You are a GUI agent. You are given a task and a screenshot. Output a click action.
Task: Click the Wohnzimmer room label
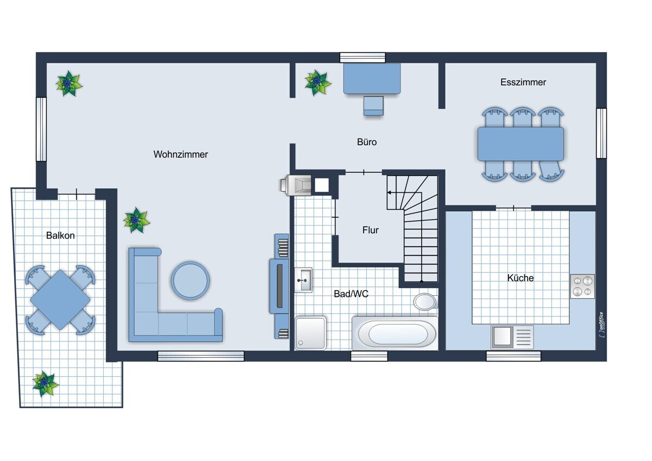point(180,154)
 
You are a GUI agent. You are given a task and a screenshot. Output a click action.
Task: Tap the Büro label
point(367,142)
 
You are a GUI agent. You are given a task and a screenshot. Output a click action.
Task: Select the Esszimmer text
point(523,82)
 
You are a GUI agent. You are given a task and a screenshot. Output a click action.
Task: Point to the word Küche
point(521,278)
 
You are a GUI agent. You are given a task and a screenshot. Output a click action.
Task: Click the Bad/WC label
point(351,294)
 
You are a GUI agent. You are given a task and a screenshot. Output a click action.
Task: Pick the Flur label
point(370,230)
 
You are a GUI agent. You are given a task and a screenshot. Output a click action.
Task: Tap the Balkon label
point(60,235)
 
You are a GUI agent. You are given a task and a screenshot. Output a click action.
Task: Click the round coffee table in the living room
point(190,281)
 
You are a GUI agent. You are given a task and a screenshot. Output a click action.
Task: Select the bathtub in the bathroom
point(395,333)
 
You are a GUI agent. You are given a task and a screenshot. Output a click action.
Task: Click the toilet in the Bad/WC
point(425,302)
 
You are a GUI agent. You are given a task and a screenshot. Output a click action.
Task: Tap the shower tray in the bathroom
point(310,333)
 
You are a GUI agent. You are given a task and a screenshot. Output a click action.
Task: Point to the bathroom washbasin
point(303,280)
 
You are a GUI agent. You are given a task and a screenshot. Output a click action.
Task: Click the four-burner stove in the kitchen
point(582,286)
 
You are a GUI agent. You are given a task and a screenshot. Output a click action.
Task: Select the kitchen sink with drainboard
point(512,337)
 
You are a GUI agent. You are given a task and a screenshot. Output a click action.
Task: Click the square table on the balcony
point(60,300)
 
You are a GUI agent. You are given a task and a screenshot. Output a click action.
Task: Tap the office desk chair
point(373,106)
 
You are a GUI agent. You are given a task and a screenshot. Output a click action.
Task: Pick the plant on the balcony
point(45,384)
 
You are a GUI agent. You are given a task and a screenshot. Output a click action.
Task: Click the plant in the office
point(317,83)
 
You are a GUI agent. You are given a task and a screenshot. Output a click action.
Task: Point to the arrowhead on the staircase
point(389,192)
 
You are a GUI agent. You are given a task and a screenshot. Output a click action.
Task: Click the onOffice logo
point(601,325)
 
